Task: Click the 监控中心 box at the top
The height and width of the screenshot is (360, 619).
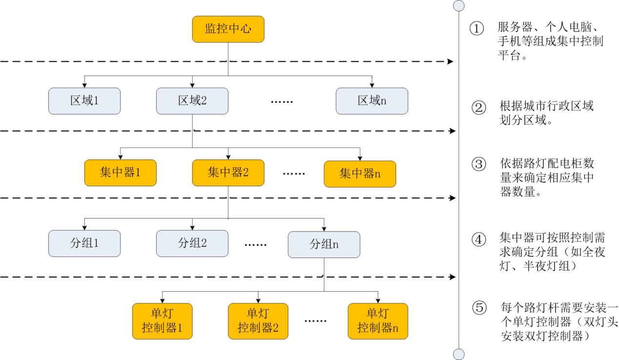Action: (x=228, y=29)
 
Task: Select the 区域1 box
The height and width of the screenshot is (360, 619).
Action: (x=84, y=101)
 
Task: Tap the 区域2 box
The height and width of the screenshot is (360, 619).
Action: (x=192, y=101)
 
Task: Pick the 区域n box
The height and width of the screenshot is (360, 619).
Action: (x=372, y=101)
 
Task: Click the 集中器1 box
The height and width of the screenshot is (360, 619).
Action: (x=120, y=173)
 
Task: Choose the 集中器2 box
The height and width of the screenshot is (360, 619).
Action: (x=228, y=173)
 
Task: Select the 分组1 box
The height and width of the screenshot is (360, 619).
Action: (x=84, y=243)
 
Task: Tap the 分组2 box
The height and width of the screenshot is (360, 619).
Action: (x=192, y=243)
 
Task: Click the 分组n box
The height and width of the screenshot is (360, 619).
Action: (x=324, y=244)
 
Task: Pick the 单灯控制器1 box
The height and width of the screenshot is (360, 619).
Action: (x=162, y=321)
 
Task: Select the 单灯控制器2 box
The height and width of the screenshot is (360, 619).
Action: (x=258, y=321)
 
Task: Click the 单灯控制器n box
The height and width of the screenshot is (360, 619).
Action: (x=378, y=321)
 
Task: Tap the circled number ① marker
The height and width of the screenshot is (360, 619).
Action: (x=477, y=28)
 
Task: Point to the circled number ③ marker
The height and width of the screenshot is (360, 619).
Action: (x=479, y=164)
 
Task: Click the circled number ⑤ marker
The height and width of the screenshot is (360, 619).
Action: (x=479, y=308)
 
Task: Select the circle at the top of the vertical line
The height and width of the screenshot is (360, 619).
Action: (x=459, y=5)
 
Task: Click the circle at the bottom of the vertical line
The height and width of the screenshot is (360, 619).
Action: (x=459, y=354)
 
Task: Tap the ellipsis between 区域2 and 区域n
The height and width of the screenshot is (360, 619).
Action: (x=282, y=102)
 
